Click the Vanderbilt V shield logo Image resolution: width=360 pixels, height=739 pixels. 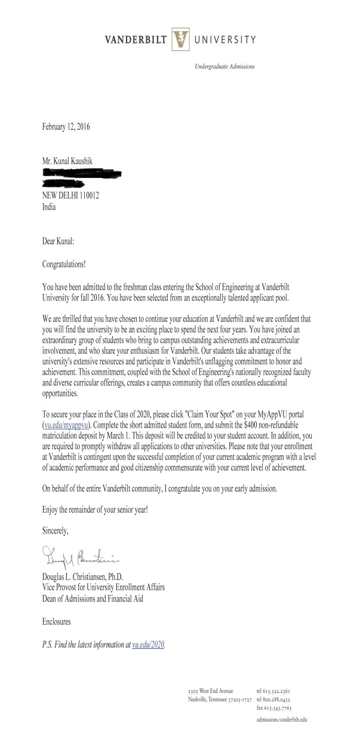pos(180,39)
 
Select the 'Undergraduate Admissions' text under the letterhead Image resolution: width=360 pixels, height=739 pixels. pos(224,67)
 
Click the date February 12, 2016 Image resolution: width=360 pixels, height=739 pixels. pos(66,126)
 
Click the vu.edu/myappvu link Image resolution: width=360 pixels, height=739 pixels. pos(66,425)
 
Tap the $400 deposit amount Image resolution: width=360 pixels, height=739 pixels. pos(246,425)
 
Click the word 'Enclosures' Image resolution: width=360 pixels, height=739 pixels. pos(56,622)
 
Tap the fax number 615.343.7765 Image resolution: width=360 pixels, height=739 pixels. pos(275,707)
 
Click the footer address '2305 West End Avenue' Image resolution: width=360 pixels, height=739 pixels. pos(211,690)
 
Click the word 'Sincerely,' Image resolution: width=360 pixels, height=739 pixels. pos(56,530)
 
